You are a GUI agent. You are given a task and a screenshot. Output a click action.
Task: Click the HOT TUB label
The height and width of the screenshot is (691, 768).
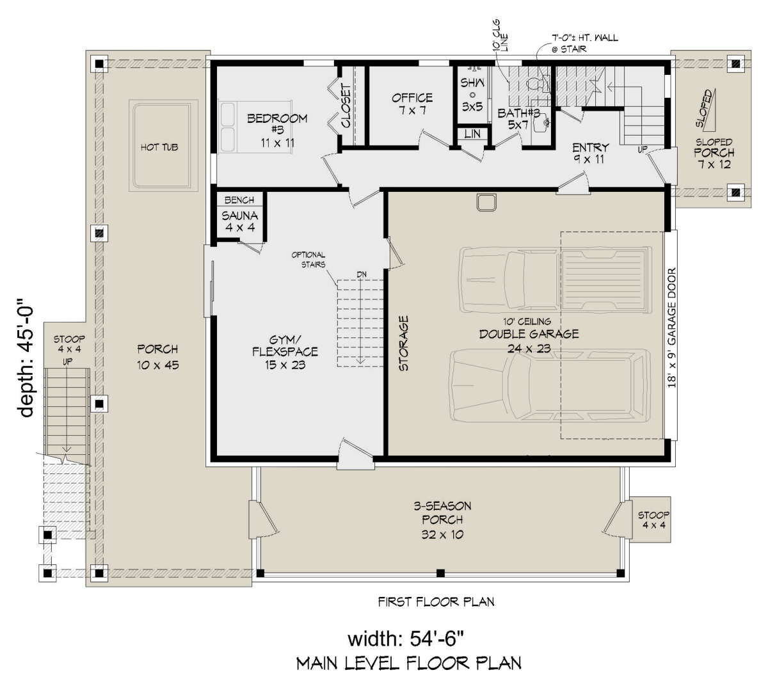pyautogui.click(x=159, y=147)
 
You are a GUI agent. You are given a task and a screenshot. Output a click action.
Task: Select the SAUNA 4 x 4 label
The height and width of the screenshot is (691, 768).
pyautogui.click(x=239, y=221)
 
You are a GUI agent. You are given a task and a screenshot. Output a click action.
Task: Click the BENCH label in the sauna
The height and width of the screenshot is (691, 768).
pyautogui.click(x=239, y=200)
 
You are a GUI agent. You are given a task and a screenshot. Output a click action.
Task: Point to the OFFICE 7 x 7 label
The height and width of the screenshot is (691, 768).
pyautogui.click(x=412, y=104)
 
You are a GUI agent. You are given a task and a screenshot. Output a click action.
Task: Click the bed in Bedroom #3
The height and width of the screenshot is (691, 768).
pyautogui.click(x=255, y=127)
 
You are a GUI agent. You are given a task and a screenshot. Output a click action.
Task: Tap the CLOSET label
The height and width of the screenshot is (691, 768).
pyautogui.click(x=346, y=106)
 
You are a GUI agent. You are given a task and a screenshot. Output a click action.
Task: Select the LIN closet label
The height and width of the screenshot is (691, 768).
pyautogui.click(x=472, y=134)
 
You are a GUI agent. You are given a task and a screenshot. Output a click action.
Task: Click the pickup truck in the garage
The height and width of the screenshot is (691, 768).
pyautogui.click(x=556, y=280)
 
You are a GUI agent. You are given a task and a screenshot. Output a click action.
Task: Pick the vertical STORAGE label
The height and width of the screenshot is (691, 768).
pyautogui.click(x=404, y=343)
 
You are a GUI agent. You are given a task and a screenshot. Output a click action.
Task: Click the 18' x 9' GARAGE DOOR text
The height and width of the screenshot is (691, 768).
pyautogui.click(x=672, y=328)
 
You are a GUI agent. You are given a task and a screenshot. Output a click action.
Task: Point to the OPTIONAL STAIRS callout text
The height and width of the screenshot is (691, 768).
pyautogui.click(x=308, y=260)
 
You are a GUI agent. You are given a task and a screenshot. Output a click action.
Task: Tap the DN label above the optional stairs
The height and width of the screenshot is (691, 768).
pyautogui.click(x=362, y=274)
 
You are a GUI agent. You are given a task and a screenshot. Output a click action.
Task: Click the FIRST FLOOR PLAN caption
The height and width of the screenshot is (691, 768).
pyautogui.click(x=436, y=602)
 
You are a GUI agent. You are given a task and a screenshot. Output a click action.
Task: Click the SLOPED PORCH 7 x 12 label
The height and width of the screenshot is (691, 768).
pyautogui.click(x=714, y=153)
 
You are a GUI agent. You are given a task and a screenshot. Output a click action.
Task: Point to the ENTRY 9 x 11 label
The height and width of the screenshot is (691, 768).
pyautogui.click(x=590, y=153)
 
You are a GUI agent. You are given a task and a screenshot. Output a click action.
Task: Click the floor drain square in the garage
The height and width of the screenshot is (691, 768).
pyautogui.click(x=486, y=202)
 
